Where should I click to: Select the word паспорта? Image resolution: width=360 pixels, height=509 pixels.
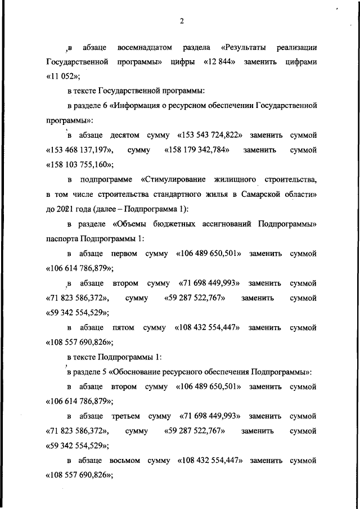tap(61, 238)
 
